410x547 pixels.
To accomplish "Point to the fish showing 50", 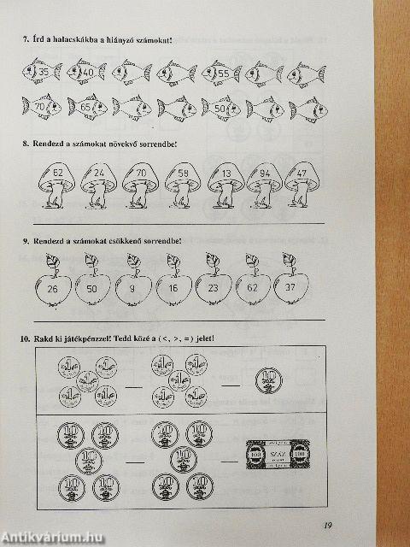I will (x=221, y=109).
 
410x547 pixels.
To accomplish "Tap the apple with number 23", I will (x=213, y=287).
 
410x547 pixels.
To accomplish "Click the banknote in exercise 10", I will (x=269, y=452).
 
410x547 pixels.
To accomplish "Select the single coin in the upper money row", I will (x=267, y=379).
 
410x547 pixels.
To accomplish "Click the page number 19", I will (x=329, y=526).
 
